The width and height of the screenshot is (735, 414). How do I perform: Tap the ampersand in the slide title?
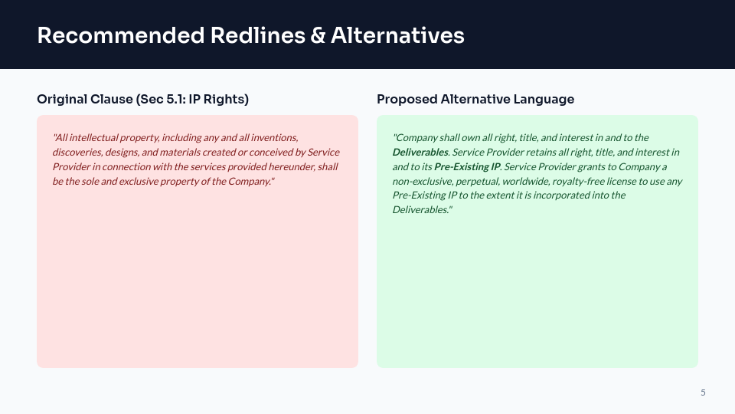pyautogui.click(x=318, y=35)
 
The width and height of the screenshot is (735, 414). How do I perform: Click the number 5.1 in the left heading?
pyautogui.click(x=177, y=99)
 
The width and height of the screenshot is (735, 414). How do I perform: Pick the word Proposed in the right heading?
pyautogui.click(x=407, y=99)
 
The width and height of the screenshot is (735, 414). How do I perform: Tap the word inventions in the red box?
pyautogui.click(x=276, y=138)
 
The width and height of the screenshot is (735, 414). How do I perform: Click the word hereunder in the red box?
pyautogui.click(x=288, y=166)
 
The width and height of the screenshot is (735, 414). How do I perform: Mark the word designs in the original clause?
pyautogui.click(x=122, y=152)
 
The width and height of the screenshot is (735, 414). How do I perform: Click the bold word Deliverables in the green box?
pyautogui.click(x=420, y=152)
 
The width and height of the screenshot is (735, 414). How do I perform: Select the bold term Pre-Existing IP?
pyautogui.click(x=466, y=166)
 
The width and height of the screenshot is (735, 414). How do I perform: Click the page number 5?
pyautogui.click(x=703, y=393)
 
